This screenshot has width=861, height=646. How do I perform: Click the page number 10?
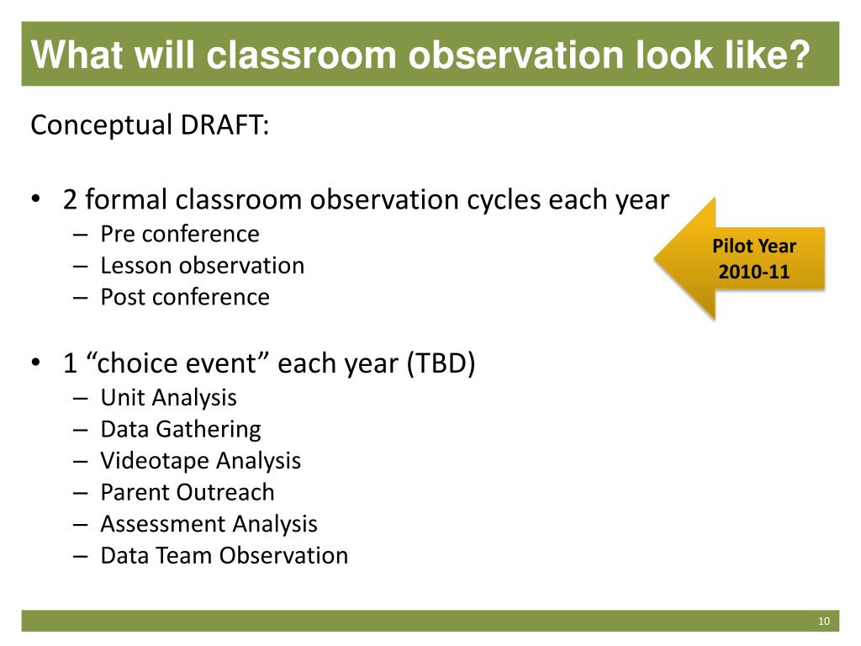pos(824,621)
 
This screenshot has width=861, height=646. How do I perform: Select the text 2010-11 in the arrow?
pos(754,272)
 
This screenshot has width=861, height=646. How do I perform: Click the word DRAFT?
pos(224,124)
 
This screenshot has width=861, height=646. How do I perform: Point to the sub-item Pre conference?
pos(180,234)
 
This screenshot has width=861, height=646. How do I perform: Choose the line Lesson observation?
pos(202,265)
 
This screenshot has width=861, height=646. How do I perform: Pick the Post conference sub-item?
pos(185,297)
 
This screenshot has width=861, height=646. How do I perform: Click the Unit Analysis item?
pos(168,398)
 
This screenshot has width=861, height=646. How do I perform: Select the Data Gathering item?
pos(181,430)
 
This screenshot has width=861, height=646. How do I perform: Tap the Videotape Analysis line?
pos(200,461)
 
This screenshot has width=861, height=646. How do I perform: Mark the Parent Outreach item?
pos(188,492)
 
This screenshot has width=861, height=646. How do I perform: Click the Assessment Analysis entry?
pos(209,524)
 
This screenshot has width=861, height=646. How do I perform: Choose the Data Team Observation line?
pos(224,555)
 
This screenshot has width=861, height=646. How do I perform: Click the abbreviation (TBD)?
pos(441,363)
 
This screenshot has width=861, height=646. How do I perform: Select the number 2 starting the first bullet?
pos(70,200)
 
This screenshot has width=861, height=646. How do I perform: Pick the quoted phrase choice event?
pos(177,363)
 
